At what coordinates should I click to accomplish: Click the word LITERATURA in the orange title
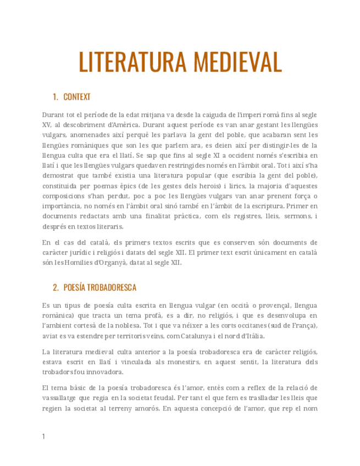[131, 62]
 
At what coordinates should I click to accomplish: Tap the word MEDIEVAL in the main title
[237, 62]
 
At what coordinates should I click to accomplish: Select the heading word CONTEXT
[77, 97]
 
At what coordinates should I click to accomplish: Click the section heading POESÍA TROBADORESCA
[100, 287]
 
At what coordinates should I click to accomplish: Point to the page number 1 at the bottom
[43, 436]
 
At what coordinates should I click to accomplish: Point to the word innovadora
[104, 371]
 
